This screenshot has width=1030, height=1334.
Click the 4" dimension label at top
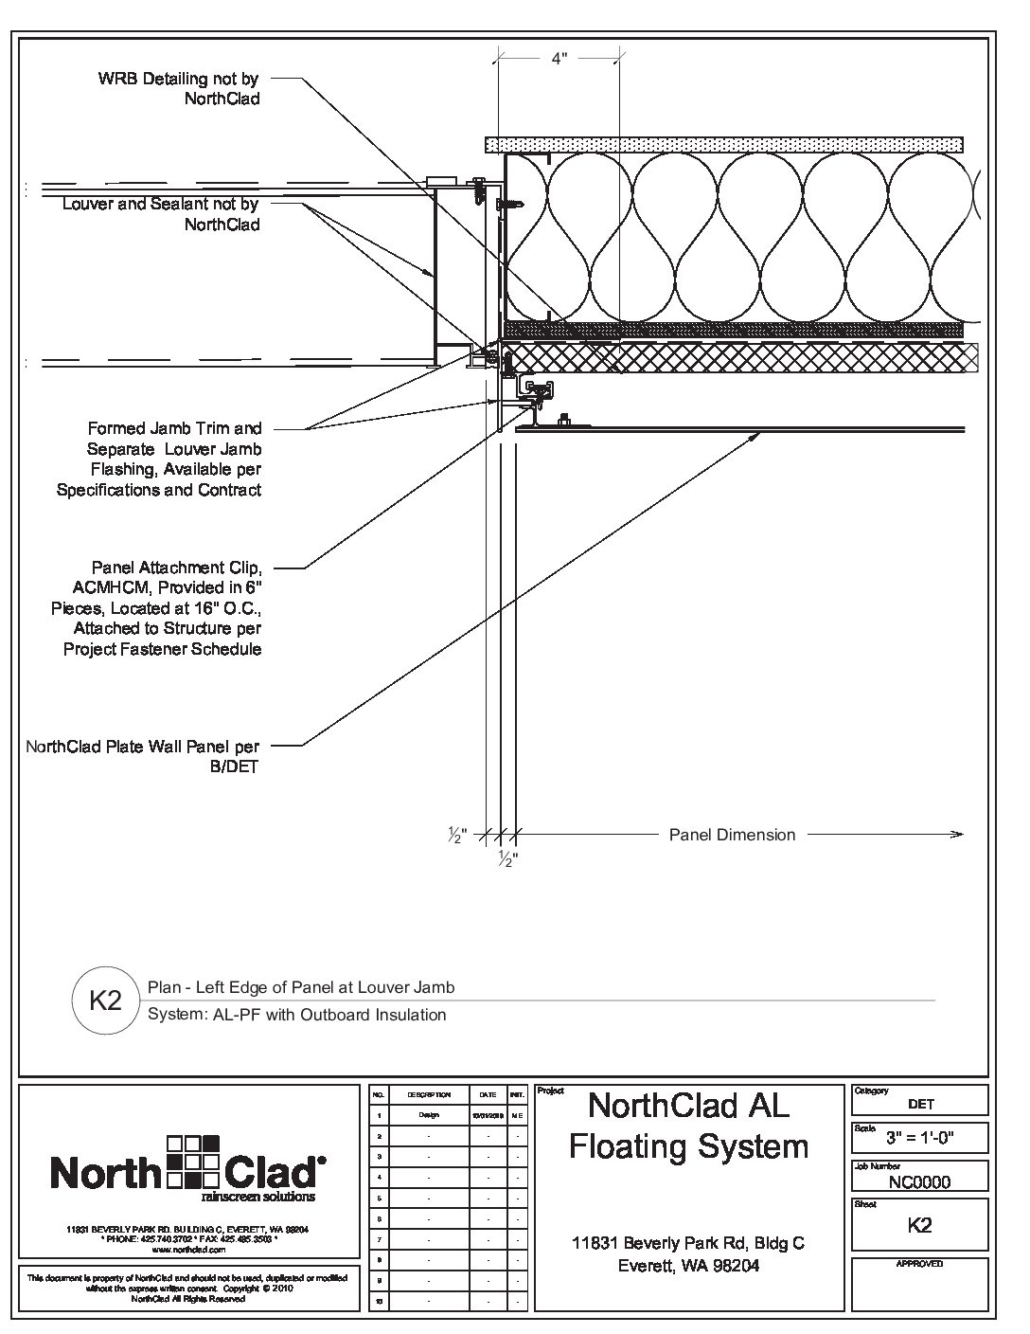pos(559,59)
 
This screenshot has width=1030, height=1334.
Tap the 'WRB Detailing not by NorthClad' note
pos(179,89)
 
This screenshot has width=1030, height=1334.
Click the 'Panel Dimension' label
pos(732,835)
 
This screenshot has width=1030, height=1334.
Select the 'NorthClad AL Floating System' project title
pos(688,1126)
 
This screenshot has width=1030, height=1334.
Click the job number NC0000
pos(919,1181)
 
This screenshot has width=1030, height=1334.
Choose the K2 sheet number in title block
pos(919,1225)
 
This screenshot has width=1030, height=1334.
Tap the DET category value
pos(920,1104)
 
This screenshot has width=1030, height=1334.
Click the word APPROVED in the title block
pos(919,1264)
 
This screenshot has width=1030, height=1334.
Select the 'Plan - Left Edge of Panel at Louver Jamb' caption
pos(301,987)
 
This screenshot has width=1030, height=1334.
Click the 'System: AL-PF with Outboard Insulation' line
pos(296,1015)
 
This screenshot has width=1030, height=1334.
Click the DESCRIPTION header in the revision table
pos(429,1094)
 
